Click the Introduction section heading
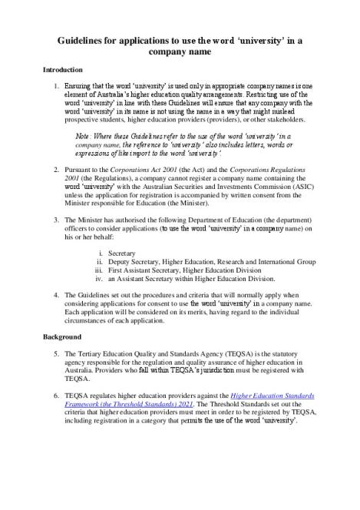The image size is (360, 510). [x=63, y=70]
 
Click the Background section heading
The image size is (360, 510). [x=61, y=337]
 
